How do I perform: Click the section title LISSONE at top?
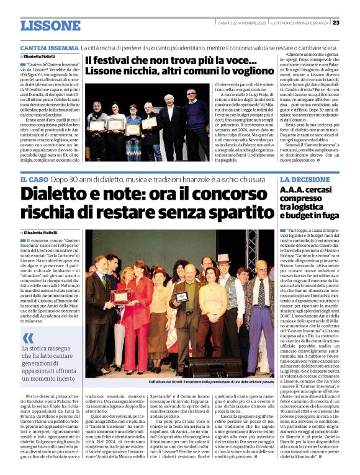pos(50,25)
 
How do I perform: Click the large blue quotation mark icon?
pos(29,338)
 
